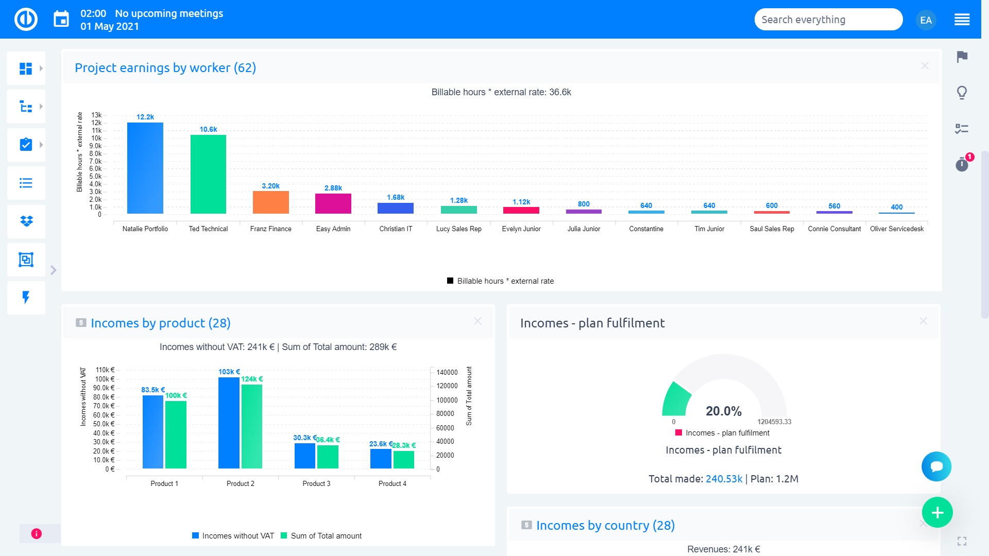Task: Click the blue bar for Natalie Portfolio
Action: coord(145,168)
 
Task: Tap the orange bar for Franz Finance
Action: coord(270,202)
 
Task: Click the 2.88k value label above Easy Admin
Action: coord(333,188)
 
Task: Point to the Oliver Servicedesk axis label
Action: coord(896,229)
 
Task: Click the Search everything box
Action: coord(827,20)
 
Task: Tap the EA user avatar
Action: coord(926,20)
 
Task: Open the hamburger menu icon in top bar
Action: coord(962,20)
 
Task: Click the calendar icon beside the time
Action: coord(61,20)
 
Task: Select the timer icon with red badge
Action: coord(962,164)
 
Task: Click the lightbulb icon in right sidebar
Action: coord(962,93)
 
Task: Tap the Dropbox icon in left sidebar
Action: coord(26,221)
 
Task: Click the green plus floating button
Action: coord(937,512)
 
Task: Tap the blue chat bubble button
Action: coord(936,466)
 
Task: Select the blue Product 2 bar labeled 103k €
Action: coord(229,423)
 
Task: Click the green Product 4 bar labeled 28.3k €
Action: coord(403,459)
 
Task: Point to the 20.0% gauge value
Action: coord(723,411)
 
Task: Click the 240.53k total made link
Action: coord(724,479)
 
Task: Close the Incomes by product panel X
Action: coord(478,321)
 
